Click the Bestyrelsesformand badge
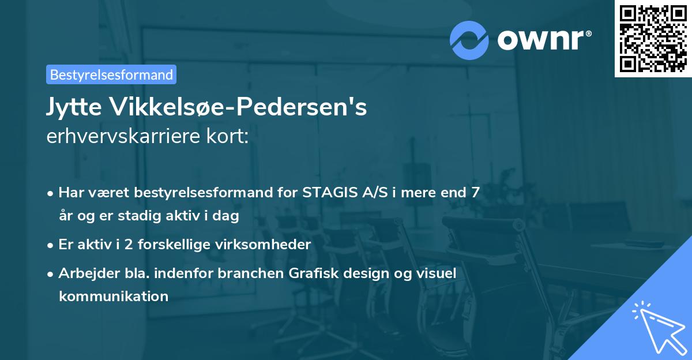point(111,74)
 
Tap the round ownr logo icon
point(469,40)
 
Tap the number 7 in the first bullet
point(475,193)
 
